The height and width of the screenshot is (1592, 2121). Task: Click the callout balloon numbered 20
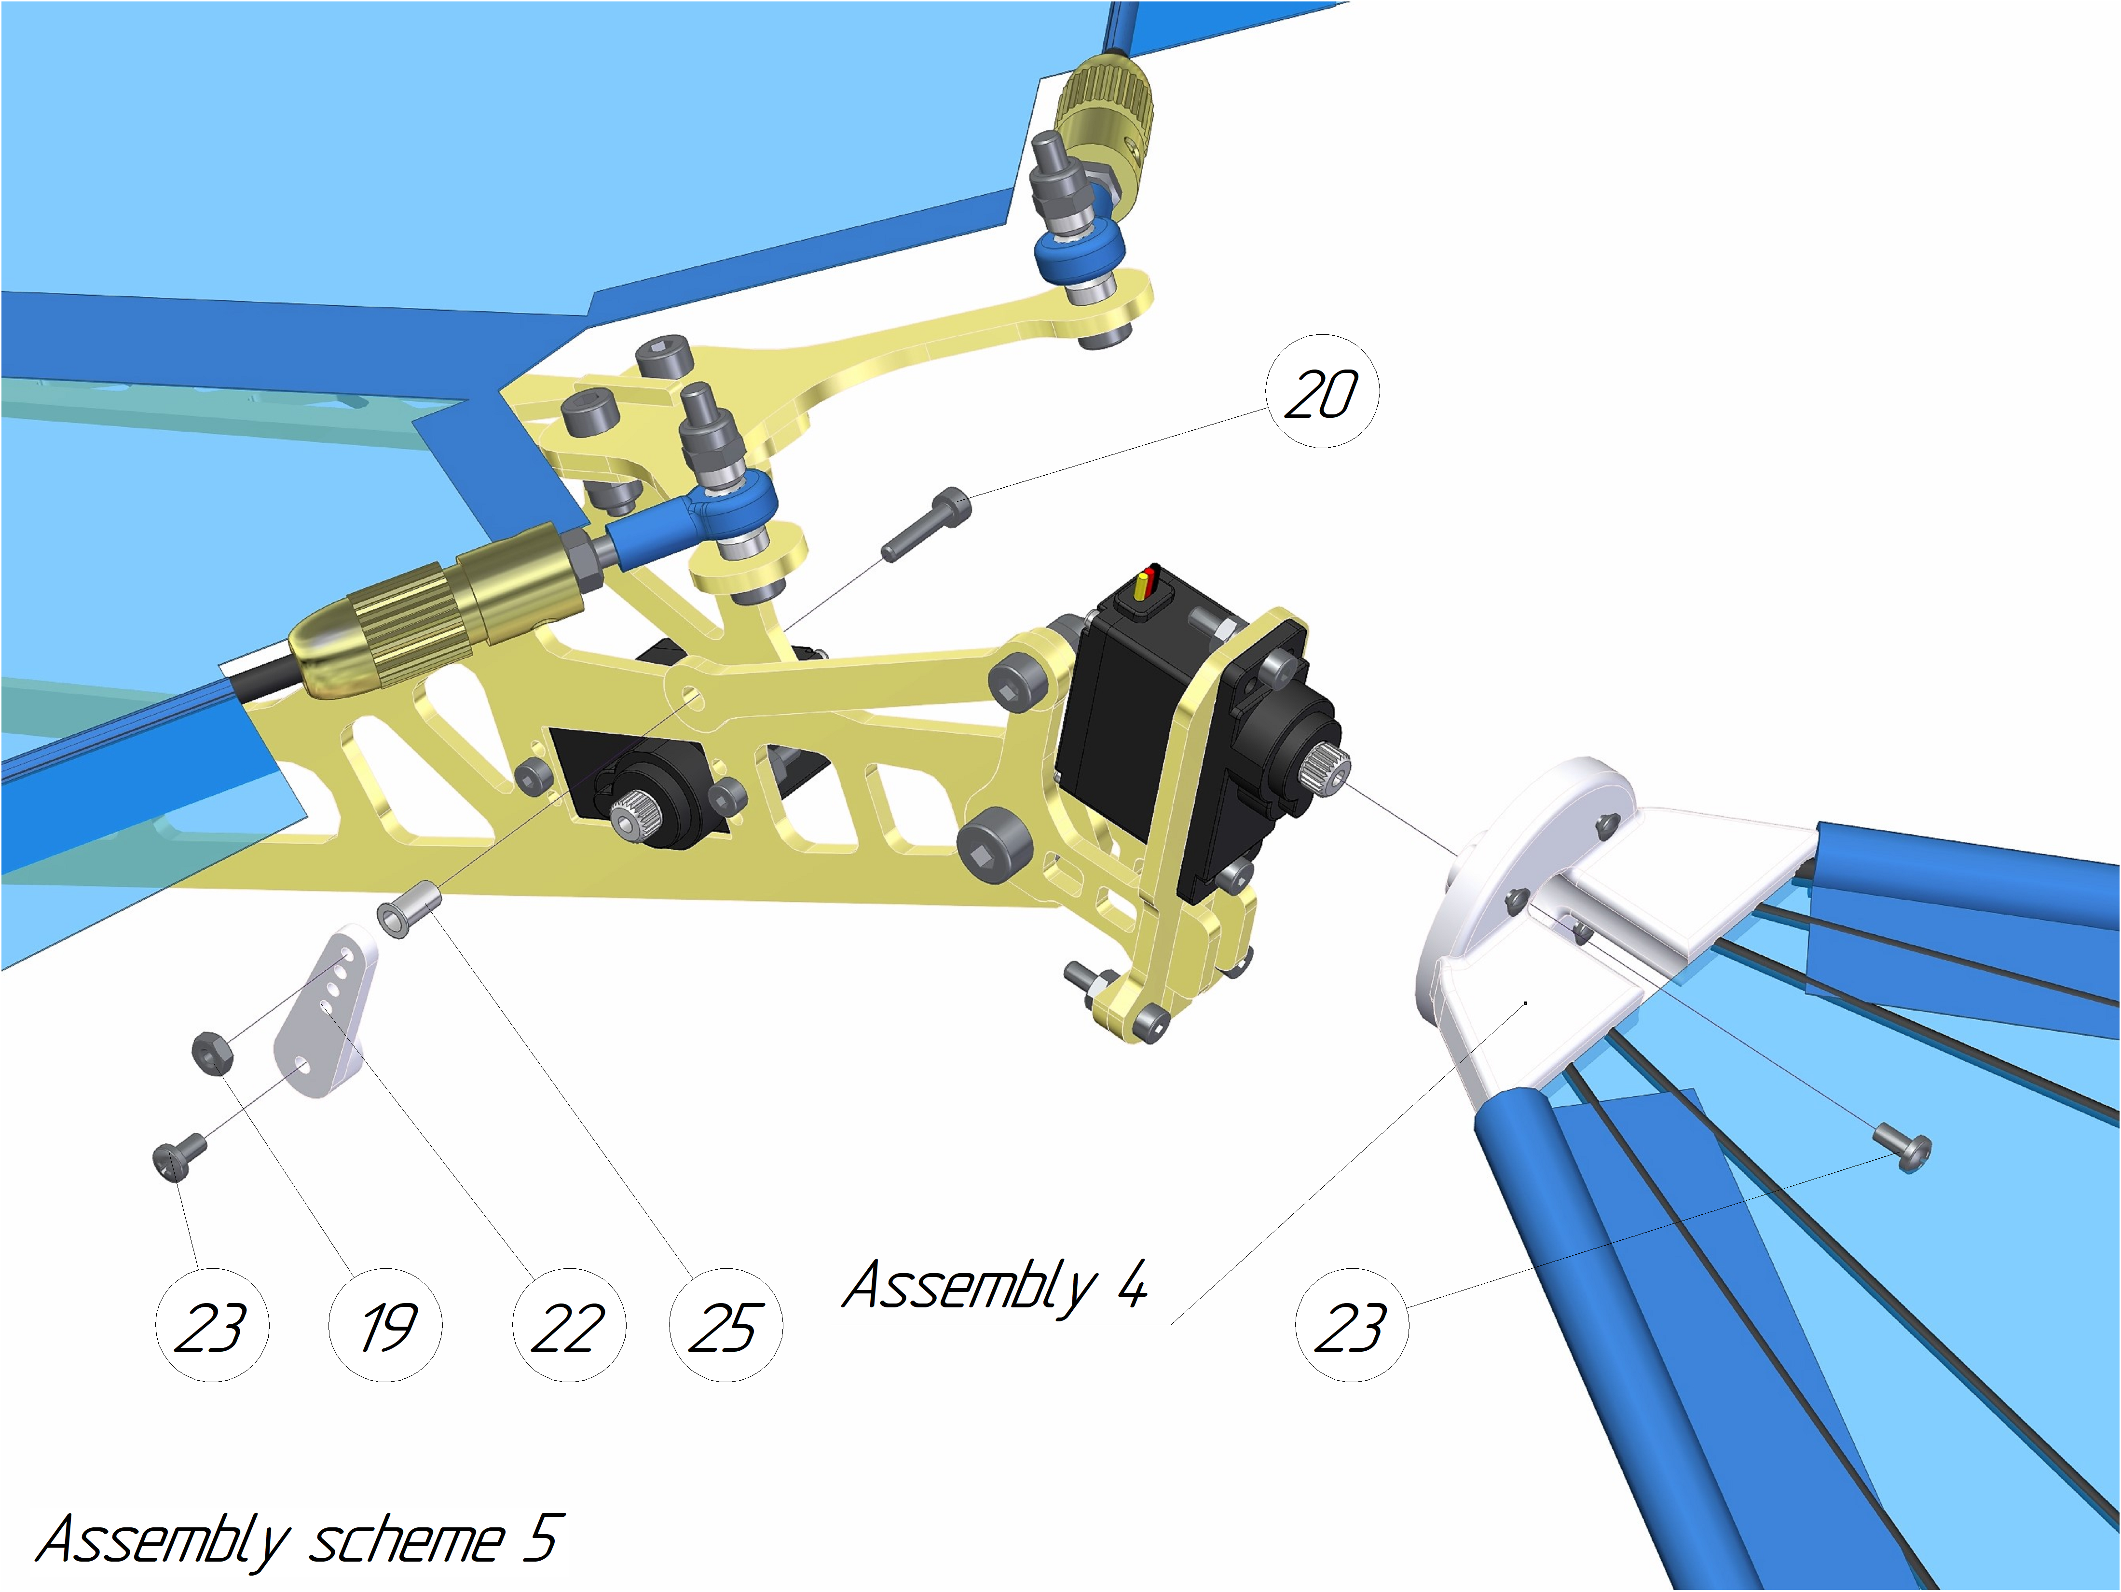point(1322,391)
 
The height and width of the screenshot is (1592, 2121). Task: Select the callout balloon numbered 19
point(385,1325)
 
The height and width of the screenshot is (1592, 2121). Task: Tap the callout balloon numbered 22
point(570,1325)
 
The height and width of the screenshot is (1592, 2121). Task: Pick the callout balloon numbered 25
point(726,1325)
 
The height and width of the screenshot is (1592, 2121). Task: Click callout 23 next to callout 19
point(212,1325)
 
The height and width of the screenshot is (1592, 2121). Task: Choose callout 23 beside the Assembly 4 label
point(1352,1325)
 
